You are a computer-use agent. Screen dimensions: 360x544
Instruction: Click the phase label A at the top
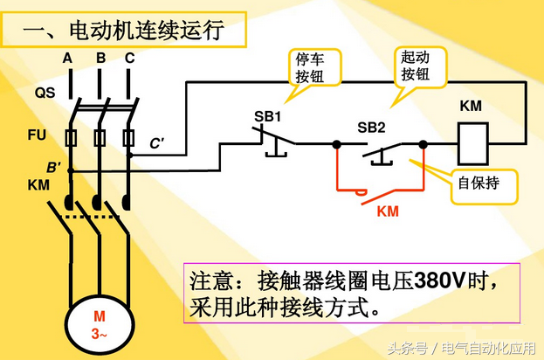click(x=67, y=59)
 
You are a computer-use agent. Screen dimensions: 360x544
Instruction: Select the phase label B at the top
click(x=100, y=59)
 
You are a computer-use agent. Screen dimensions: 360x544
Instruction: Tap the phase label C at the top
click(x=129, y=59)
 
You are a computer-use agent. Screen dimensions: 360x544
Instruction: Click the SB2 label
click(x=371, y=128)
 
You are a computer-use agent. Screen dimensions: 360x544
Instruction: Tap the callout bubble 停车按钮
click(x=313, y=66)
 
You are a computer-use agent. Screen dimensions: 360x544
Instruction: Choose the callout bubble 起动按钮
click(x=415, y=66)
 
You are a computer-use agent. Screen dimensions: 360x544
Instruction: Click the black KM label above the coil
click(x=470, y=106)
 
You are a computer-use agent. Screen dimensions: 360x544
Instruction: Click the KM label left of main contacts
click(x=39, y=185)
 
